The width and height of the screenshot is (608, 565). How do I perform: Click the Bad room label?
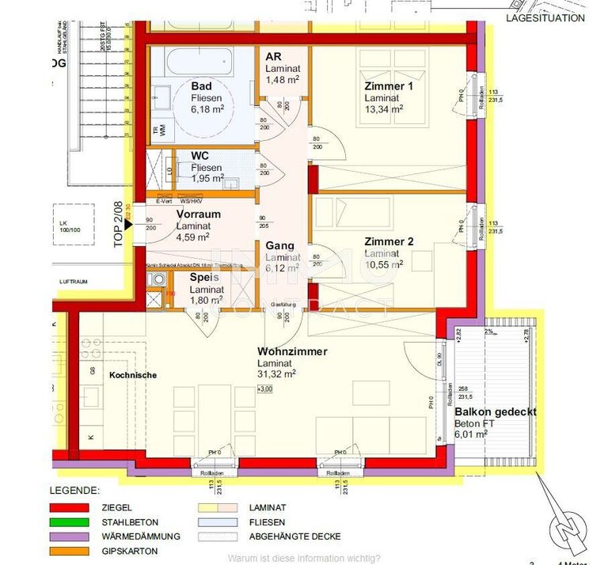[x=201, y=85]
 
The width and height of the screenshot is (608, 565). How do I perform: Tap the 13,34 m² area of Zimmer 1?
[x=384, y=109]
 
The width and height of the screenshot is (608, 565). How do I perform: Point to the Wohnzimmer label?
[x=291, y=351]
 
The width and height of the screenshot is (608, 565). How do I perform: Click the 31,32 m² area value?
[x=276, y=374]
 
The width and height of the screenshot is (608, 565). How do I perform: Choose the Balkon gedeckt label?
[x=496, y=411]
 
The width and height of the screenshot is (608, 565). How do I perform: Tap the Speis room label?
[x=203, y=278]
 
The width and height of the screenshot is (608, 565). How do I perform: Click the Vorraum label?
[x=198, y=214]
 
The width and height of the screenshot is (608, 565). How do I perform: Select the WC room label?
[x=200, y=156]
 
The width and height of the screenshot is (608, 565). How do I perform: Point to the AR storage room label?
[x=274, y=57]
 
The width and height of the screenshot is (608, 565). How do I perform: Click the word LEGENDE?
[x=74, y=491]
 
